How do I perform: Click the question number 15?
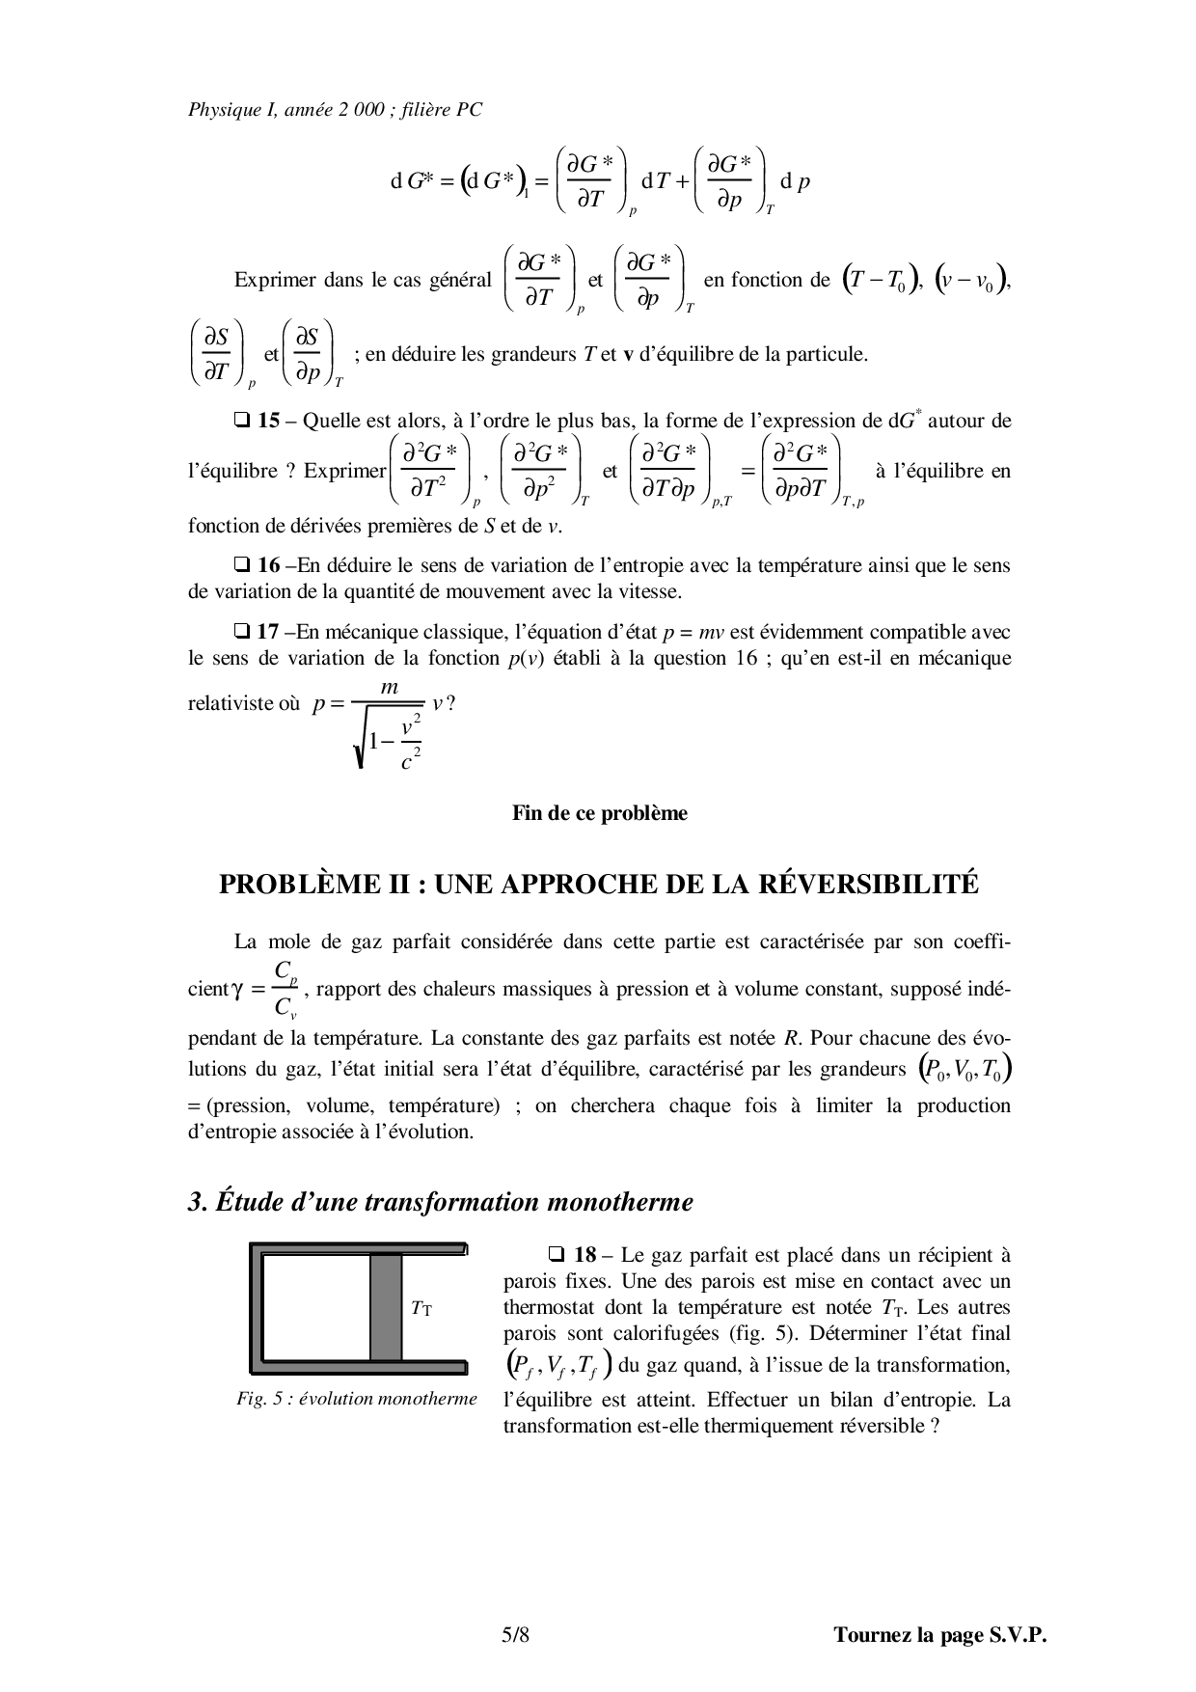[268, 421]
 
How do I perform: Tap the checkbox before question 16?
[241, 565]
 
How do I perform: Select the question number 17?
[268, 632]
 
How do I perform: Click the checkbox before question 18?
[556, 1255]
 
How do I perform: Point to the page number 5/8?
[516, 1634]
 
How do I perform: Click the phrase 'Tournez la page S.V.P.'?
[939, 1634]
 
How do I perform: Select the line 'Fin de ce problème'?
[599, 812]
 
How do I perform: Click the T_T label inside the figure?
[421, 1308]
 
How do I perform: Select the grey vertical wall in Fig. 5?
[386, 1307]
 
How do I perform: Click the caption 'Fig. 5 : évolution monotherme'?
[357, 1399]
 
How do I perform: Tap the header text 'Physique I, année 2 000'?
[294, 110]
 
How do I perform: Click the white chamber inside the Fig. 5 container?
[315, 1307]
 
